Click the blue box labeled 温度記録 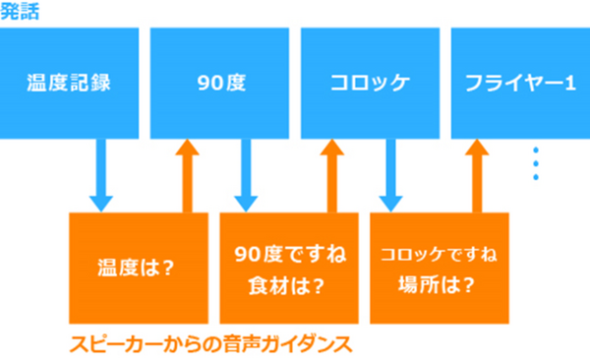[68, 82]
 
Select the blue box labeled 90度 [218, 82]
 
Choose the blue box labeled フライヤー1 [520, 82]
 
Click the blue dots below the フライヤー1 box [536, 163]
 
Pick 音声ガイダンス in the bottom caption [284, 345]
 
